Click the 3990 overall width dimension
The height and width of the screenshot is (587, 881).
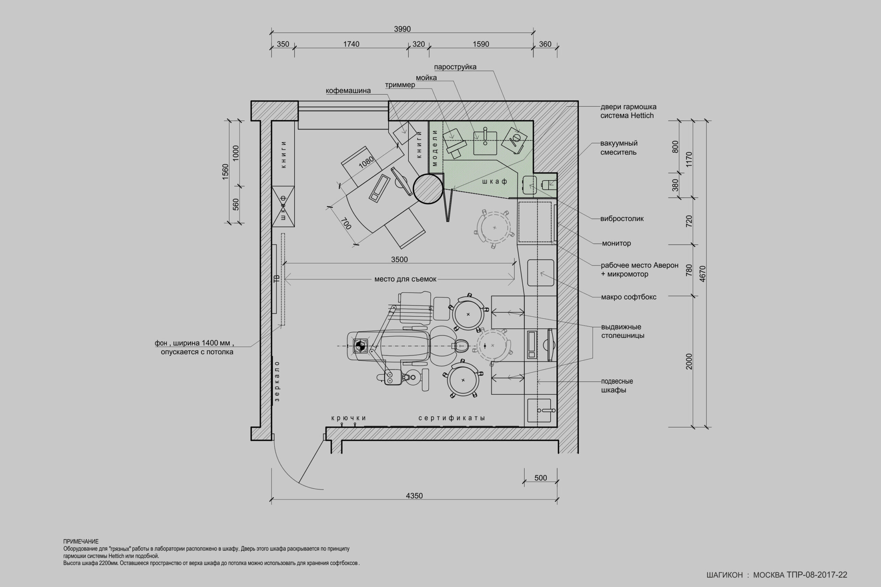(x=402, y=29)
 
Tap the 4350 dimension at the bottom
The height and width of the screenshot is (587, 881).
(x=414, y=496)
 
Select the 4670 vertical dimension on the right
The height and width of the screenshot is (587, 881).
(x=702, y=274)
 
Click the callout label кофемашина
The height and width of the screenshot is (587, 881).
(x=348, y=90)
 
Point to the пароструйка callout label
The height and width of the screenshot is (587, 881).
(x=455, y=67)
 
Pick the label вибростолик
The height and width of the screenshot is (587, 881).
(x=622, y=219)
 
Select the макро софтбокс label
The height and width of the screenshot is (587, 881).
(x=628, y=297)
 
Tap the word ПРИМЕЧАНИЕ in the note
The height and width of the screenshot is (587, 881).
(x=81, y=541)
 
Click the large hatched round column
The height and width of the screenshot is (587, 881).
(x=428, y=189)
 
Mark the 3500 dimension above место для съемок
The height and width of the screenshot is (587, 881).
(x=399, y=259)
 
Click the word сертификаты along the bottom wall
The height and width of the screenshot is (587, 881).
(x=452, y=418)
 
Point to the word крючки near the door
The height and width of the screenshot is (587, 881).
(x=348, y=418)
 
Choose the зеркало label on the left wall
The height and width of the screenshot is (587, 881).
(x=277, y=381)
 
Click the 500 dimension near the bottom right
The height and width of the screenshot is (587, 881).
(x=541, y=478)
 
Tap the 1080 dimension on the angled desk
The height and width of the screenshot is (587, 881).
(x=366, y=162)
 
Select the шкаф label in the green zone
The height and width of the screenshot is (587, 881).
(x=495, y=182)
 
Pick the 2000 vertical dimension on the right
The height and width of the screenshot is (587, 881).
(x=689, y=361)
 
